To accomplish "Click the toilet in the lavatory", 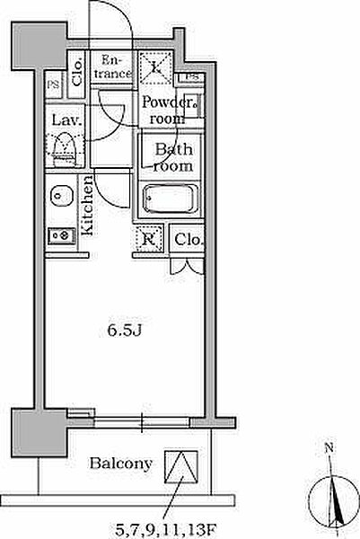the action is click(64, 149).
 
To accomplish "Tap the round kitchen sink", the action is click(62, 196).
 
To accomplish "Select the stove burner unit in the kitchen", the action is click(62, 235).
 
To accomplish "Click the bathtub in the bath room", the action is click(171, 199).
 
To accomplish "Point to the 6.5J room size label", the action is click(125, 331).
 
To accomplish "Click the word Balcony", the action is click(121, 464).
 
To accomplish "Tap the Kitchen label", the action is click(87, 205).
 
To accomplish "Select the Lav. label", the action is click(67, 120).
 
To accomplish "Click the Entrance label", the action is click(112, 67).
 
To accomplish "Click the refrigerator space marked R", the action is click(149, 239).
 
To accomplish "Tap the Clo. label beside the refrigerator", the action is click(189, 239).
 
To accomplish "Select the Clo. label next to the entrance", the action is click(77, 73).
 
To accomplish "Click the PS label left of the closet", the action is click(53, 84).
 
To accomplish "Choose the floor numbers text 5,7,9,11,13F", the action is click(166, 530).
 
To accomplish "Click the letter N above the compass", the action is click(329, 447).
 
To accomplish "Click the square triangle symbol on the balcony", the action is click(181, 467).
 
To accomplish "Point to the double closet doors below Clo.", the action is click(188, 267).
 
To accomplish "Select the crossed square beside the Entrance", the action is click(156, 67).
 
